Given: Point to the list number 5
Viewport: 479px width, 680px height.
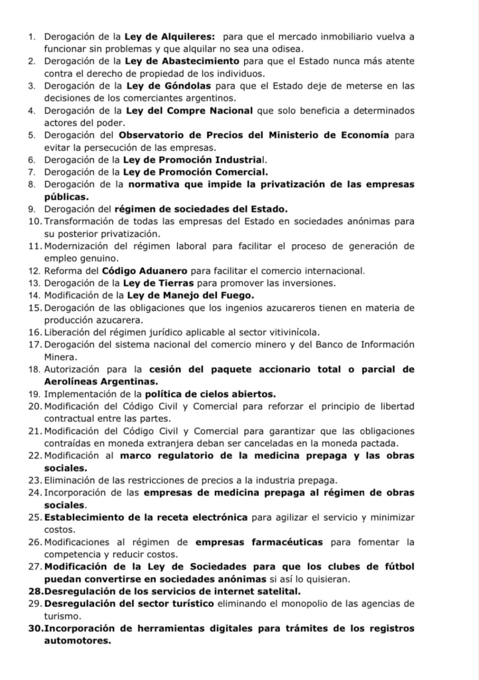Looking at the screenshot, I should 33,134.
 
